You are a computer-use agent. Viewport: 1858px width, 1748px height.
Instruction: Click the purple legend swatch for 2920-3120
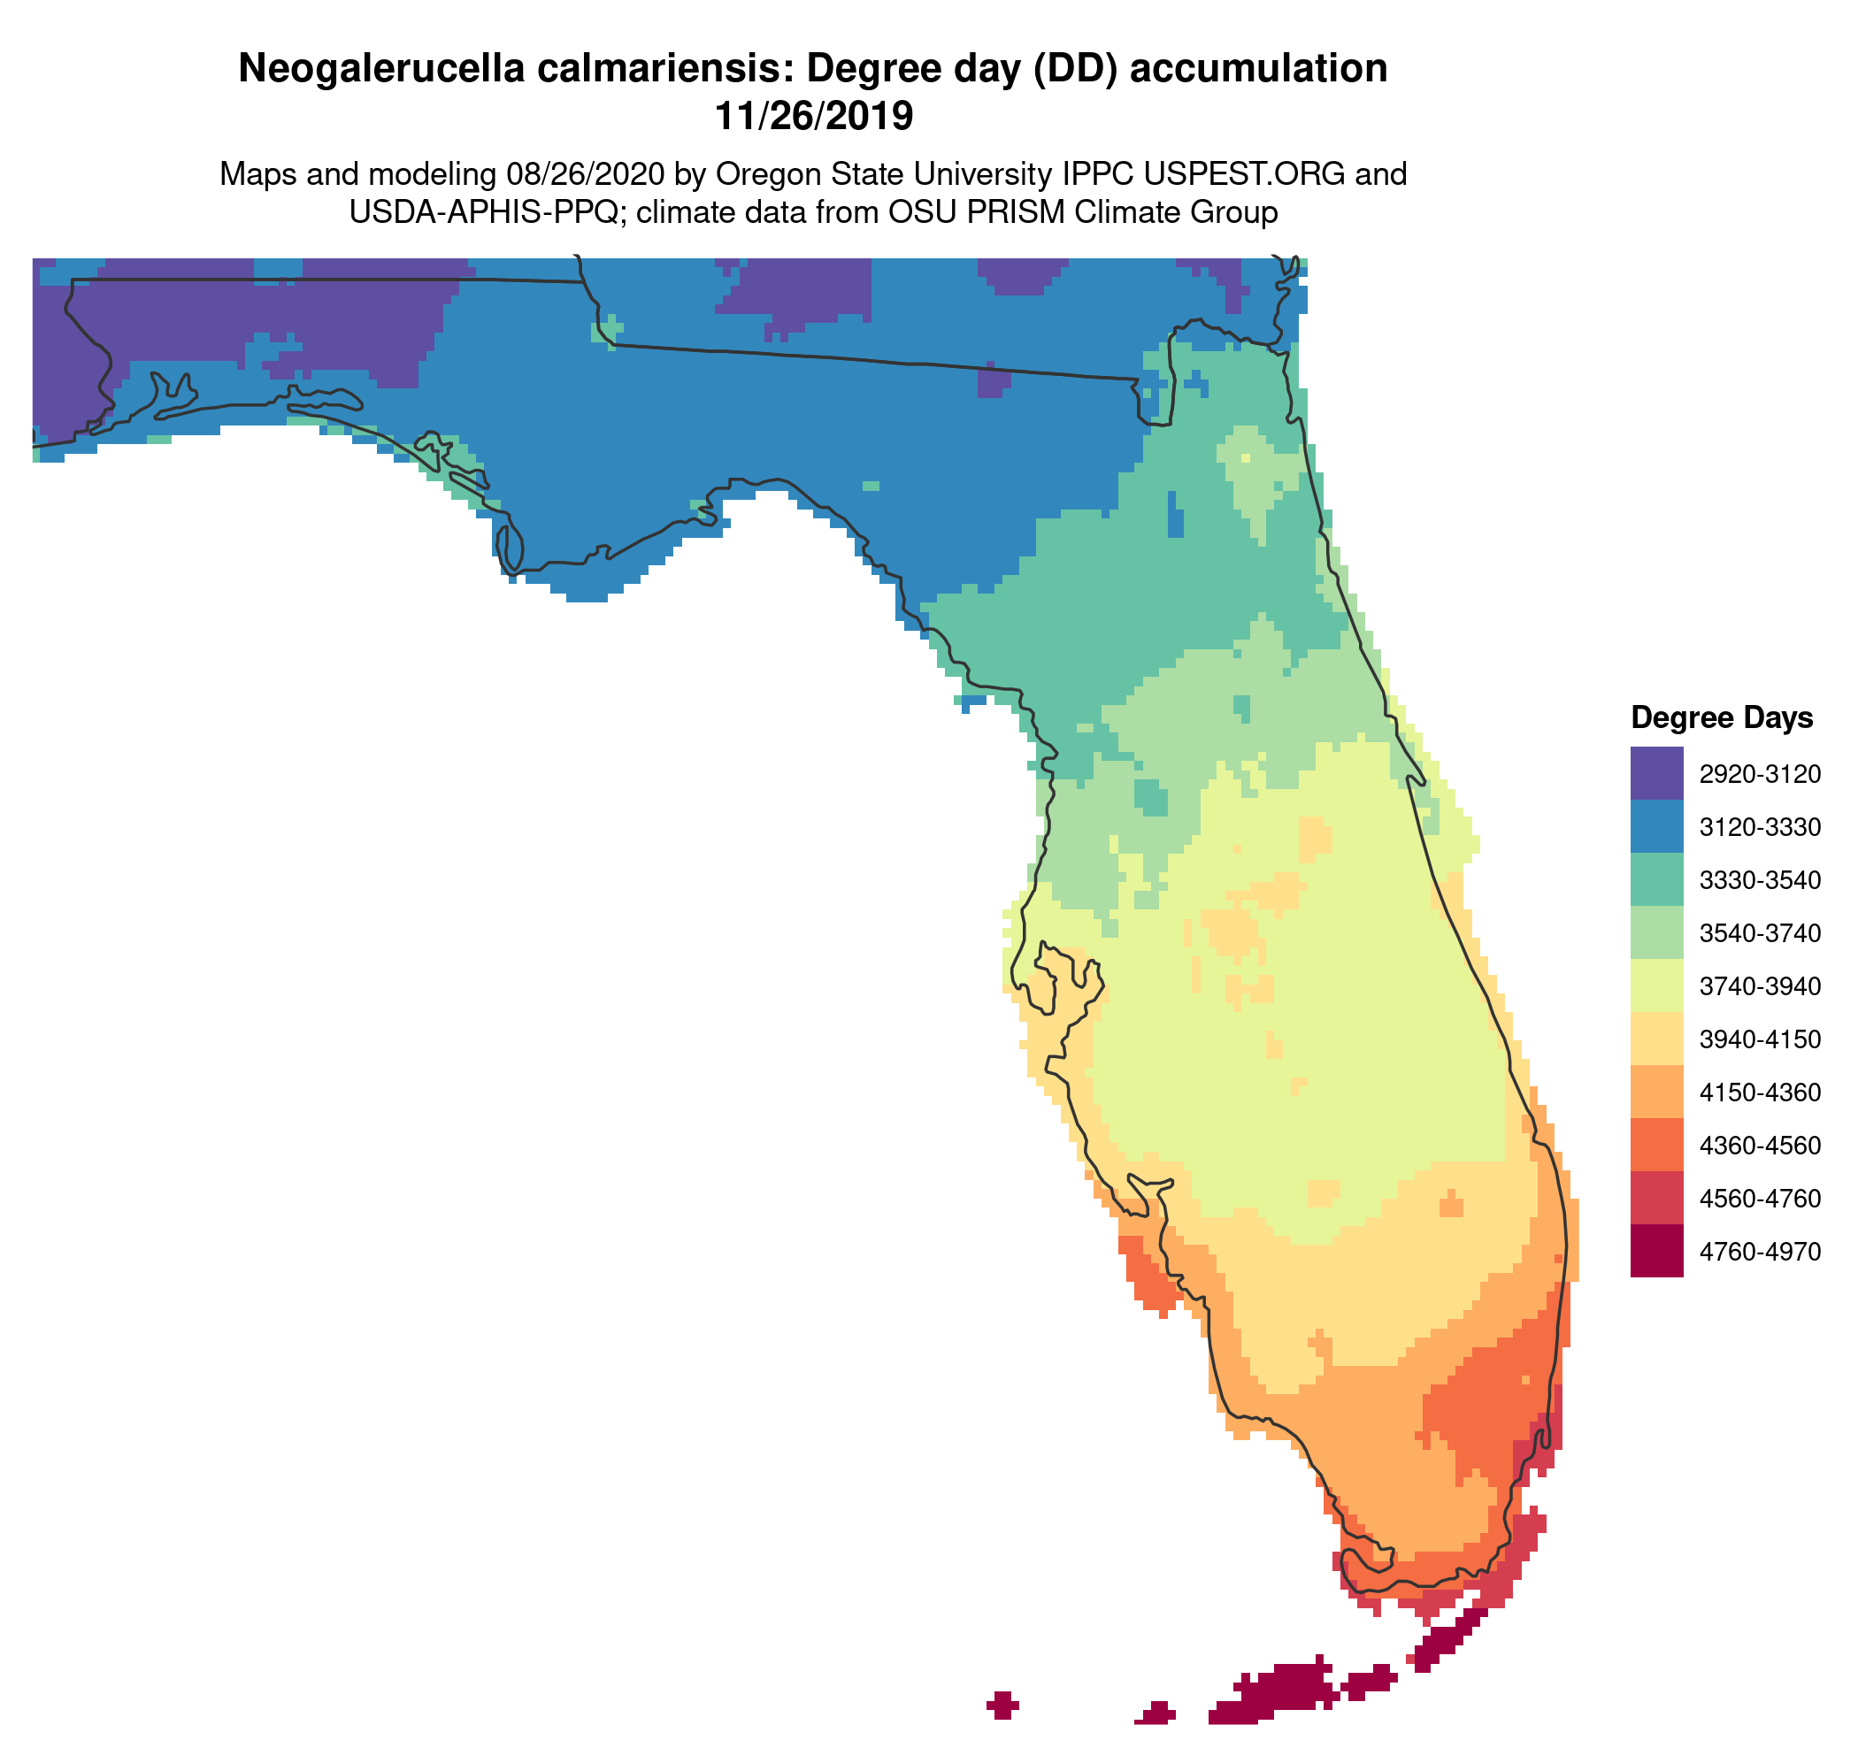tap(1656, 772)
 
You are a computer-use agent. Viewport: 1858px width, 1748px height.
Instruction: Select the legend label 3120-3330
tap(1759, 827)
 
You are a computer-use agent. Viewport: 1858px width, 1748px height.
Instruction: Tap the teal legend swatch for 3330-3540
tap(1656, 879)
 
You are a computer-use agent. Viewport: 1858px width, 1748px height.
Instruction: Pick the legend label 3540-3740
tap(1759, 932)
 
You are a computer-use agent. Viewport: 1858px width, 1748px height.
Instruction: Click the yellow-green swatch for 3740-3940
tap(1656, 985)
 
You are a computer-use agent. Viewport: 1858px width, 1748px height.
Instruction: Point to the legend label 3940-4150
tap(1759, 1039)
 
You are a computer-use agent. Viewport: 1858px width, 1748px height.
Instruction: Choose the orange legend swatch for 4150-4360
tap(1656, 1092)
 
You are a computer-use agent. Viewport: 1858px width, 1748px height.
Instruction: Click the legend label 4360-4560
tap(1759, 1146)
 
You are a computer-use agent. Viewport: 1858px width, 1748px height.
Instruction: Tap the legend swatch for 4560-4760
tap(1656, 1197)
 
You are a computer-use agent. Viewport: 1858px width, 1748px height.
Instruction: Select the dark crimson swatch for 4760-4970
tap(1656, 1250)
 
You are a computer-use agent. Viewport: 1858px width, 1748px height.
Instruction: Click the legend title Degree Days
tap(1721, 717)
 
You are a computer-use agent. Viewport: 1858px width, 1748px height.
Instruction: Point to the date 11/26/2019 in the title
tap(813, 117)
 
